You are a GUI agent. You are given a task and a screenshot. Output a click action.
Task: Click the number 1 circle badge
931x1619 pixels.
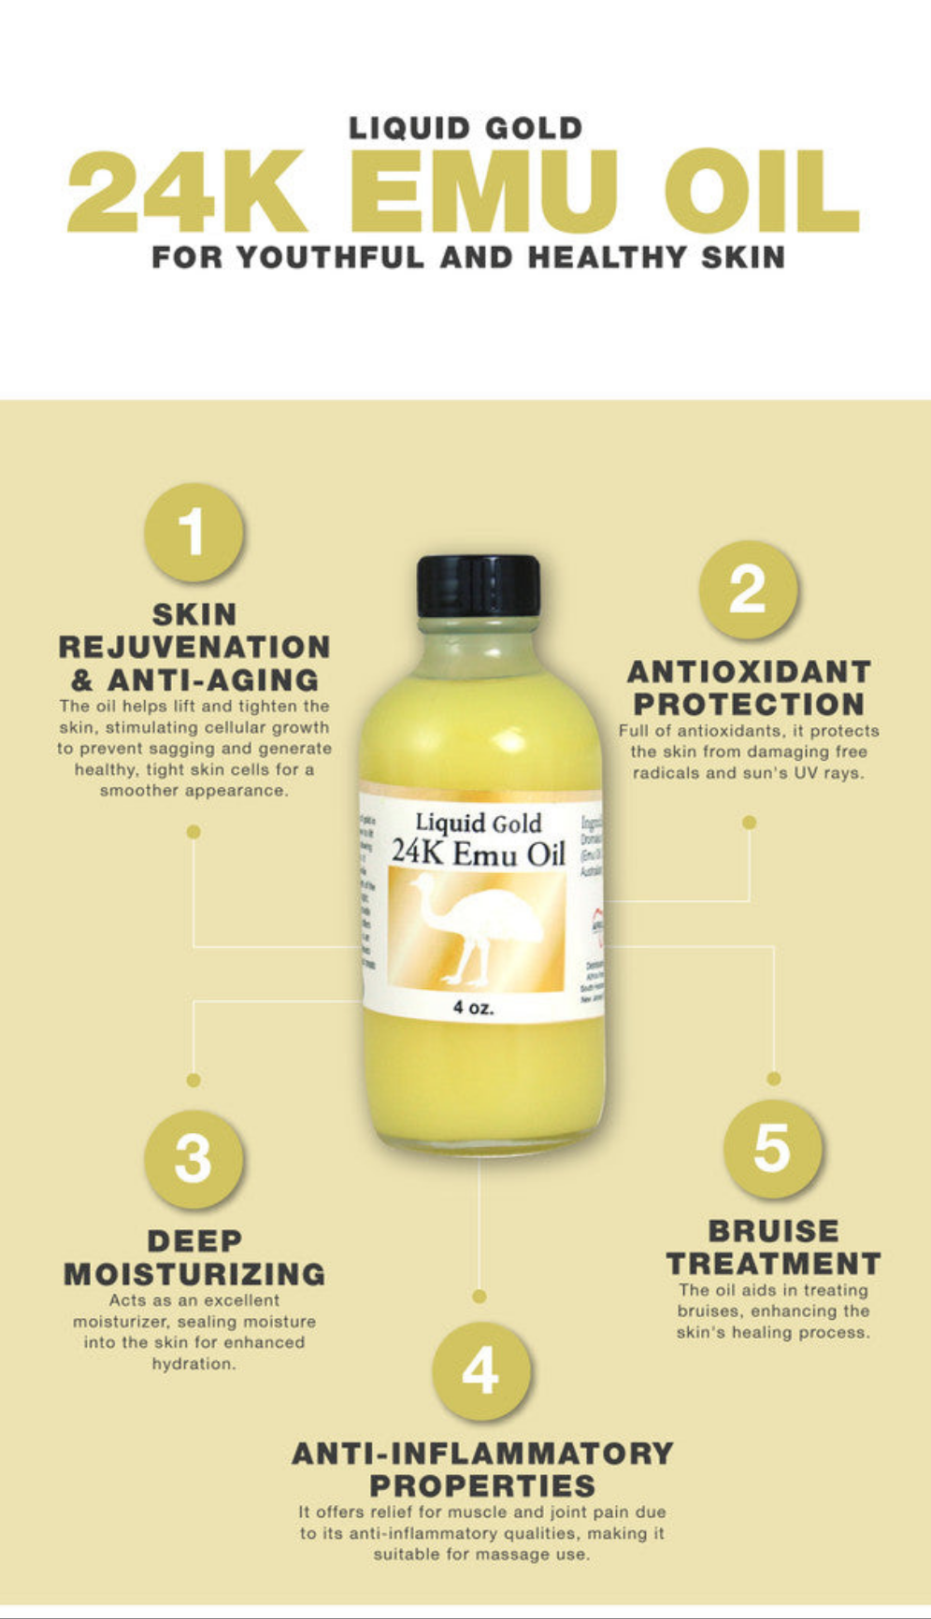(x=193, y=532)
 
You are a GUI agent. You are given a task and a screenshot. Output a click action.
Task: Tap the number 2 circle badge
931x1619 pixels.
(x=748, y=590)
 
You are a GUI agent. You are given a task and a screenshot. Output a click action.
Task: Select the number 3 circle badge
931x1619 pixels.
(x=193, y=1159)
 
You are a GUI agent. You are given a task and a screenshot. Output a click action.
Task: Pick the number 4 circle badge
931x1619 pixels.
(x=480, y=1371)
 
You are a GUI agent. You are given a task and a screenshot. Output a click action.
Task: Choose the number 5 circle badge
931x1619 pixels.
(x=773, y=1149)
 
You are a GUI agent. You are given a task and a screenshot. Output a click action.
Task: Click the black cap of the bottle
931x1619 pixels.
(x=479, y=586)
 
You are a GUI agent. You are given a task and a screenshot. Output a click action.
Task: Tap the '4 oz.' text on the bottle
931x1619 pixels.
(x=473, y=1008)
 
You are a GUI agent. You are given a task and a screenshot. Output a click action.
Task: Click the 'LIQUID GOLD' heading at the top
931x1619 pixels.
(x=465, y=129)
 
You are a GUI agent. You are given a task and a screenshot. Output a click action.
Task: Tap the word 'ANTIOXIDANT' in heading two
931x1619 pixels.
(x=749, y=672)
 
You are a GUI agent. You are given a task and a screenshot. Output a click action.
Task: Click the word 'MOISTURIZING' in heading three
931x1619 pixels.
(x=194, y=1274)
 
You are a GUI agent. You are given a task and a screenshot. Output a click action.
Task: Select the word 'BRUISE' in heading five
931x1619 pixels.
(x=773, y=1231)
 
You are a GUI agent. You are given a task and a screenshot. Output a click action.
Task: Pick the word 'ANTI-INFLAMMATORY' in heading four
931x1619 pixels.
(x=482, y=1454)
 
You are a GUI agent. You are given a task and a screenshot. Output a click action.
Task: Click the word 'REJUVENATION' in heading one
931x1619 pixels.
(x=194, y=647)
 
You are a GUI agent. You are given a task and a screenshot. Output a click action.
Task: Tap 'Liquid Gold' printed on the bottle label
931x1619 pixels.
(x=478, y=824)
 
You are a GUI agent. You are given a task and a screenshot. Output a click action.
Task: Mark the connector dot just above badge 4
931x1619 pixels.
(x=480, y=1297)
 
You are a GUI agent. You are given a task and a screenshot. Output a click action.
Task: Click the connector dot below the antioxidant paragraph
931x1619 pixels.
(x=749, y=823)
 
